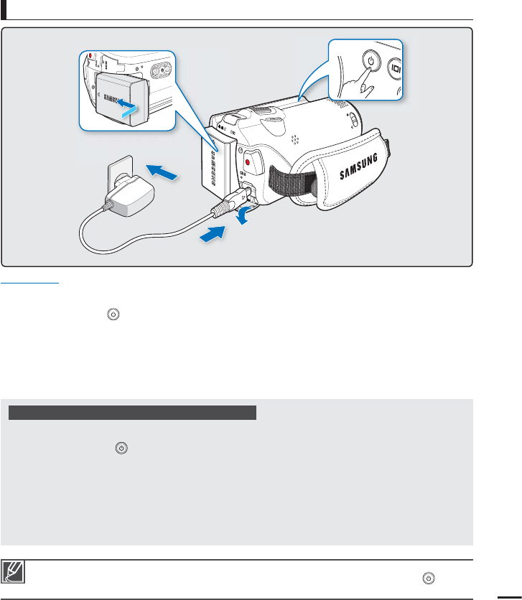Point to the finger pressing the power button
[363, 88]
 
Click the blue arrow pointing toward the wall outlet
[162, 172]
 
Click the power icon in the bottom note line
[429, 576]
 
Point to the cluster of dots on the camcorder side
[296, 137]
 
